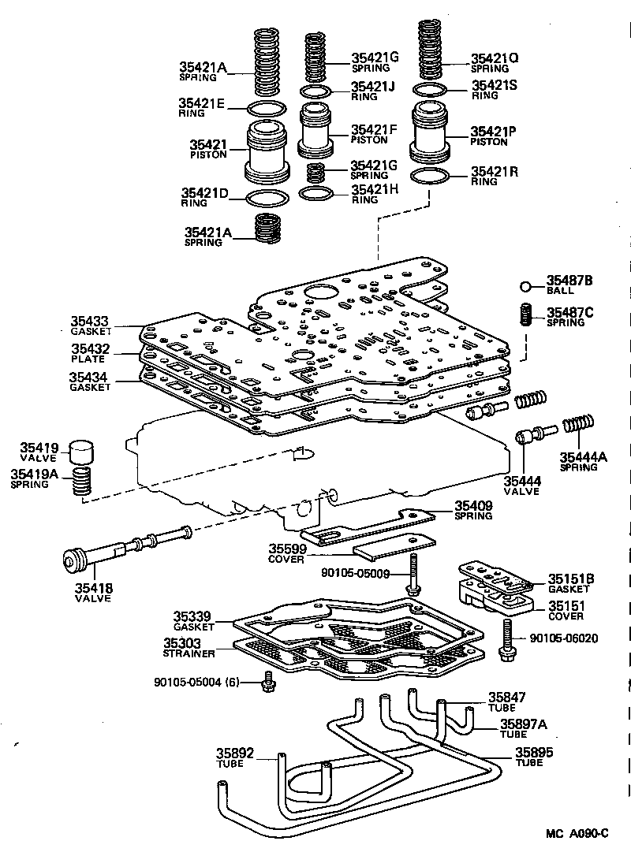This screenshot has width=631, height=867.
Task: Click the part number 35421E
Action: click(x=202, y=102)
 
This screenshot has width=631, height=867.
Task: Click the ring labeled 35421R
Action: click(x=431, y=174)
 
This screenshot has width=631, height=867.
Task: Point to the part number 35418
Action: click(x=92, y=587)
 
